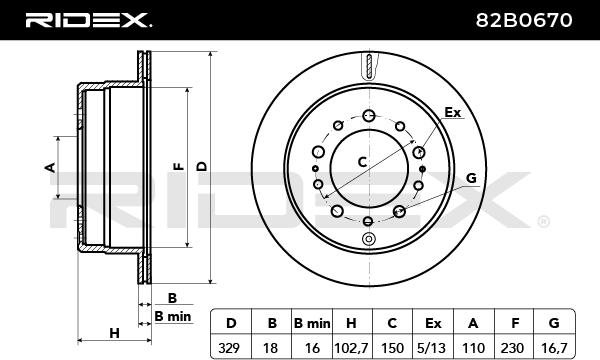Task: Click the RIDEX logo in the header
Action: [x=88, y=20]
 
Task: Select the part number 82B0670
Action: [x=524, y=20]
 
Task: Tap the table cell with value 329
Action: [x=231, y=348]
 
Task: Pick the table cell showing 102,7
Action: [x=351, y=348]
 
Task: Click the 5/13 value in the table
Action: [x=432, y=348]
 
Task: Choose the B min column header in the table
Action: [x=312, y=323]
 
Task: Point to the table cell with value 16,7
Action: [x=554, y=348]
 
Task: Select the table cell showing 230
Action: [x=513, y=348]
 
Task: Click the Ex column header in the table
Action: [x=432, y=323]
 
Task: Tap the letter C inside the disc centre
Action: [x=362, y=162]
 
